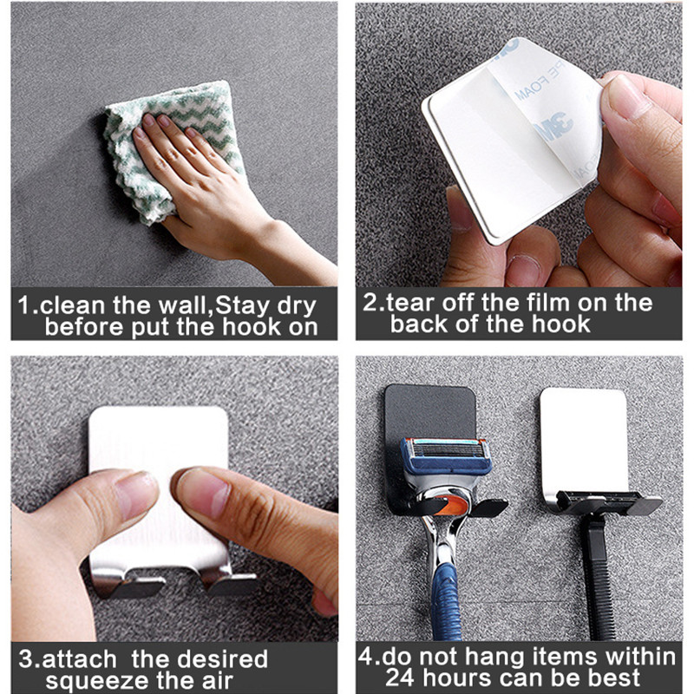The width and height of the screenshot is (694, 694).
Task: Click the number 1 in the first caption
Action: tap(23, 305)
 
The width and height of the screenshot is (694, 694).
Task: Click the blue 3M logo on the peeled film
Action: tap(551, 127)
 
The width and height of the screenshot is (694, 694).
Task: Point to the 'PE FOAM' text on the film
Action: tap(539, 83)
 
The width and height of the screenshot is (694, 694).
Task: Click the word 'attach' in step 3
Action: tap(79, 659)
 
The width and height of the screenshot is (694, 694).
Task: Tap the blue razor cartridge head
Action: tap(446, 456)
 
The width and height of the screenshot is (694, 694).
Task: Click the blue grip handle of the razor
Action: tap(446, 599)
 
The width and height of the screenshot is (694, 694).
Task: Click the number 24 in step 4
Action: tap(400, 678)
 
